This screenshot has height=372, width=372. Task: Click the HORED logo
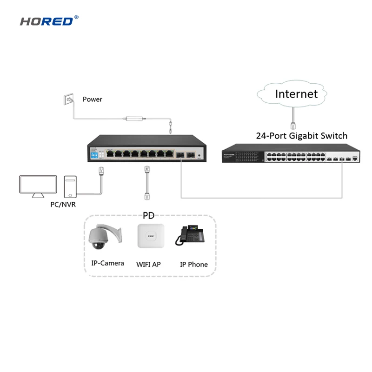tap(46, 21)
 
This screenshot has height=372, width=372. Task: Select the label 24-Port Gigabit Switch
tap(301, 136)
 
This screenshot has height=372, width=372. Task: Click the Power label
tap(92, 99)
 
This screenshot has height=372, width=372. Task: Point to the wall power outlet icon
tap(68, 99)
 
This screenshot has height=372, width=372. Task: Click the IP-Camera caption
tap(107, 263)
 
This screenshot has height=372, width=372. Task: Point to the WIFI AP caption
tap(148, 264)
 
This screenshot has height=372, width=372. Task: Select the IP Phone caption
tap(193, 264)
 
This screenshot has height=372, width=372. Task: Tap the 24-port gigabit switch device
tap(291, 154)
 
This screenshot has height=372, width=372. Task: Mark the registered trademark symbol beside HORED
tap(76, 18)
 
